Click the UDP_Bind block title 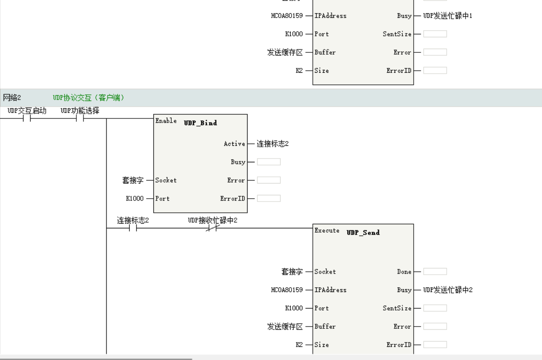pos(200,123)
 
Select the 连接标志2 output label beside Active pos(272,143)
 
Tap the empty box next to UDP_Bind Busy pos(268,162)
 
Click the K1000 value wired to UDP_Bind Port pos(134,199)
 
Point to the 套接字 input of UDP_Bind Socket pos(133,180)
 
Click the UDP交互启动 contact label pos(27,111)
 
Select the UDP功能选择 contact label pos(80,111)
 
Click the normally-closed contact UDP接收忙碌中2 pos(212,228)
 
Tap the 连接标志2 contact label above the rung pos(133,220)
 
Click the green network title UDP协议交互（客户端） pos(88,98)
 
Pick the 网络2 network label pos(12,98)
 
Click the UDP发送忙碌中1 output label pos(448,16)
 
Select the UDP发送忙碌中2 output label pos(448,290)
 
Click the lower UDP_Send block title pos(363,233)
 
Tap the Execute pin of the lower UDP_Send pos(326,230)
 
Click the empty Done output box pos(435,271)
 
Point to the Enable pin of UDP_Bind pos(166,121)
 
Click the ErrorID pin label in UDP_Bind pos(233,199)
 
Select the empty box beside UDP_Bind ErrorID pos(268,199)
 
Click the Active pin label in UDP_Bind pos(234,143)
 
